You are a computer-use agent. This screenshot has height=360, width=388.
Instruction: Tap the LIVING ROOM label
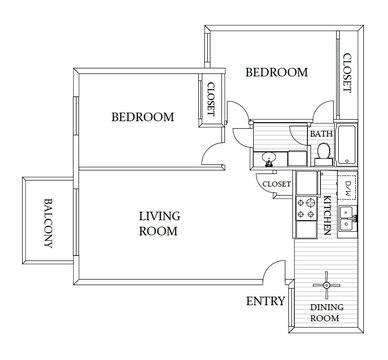[157, 222]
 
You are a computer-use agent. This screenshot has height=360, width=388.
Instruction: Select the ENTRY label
[265, 302]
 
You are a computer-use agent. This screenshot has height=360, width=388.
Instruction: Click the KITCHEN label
[327, 217]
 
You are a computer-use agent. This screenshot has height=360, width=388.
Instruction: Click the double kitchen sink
[347, 219]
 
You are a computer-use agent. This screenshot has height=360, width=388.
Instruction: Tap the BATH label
[322, 133]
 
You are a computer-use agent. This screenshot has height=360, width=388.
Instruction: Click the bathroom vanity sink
[270, 157]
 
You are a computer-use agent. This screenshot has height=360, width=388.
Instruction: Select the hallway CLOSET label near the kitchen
[275, 184]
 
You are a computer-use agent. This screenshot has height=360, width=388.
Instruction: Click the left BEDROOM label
[141, 117]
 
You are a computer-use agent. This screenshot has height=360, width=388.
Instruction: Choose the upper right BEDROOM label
[276, 72]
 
